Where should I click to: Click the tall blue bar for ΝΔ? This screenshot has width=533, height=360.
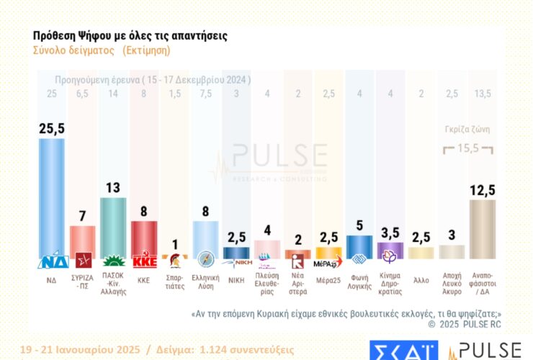click(52, 198)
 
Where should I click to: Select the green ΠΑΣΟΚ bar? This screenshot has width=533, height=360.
click(114, 228)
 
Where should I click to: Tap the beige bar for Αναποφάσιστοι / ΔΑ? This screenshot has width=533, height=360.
click(482, 229)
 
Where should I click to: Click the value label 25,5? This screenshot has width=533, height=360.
click(52, 127)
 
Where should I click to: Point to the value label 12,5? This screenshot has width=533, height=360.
click(482, 190)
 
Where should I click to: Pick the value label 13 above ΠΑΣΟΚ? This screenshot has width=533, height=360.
click(114, 187)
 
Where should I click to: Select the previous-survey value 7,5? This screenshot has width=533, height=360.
click(205, 94)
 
